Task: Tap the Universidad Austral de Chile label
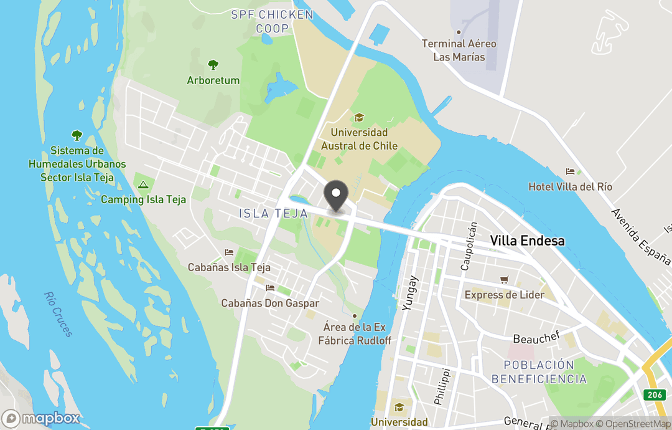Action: (x=359, y=140)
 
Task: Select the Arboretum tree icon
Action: (x=213, y=65)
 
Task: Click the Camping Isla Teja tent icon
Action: (x=142, y=184)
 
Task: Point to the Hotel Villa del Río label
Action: (x=570, y=187)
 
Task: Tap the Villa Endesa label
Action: (x=527, y=241)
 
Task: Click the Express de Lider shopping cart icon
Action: (x=505, y=280)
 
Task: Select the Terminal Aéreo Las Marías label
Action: (x=459, y=50)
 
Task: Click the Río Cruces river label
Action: (x=59, y=314)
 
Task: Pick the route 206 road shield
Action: (x=653, y=394)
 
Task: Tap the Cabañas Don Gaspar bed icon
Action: (x=270, y=289)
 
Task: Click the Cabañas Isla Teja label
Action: (x=229, y=267)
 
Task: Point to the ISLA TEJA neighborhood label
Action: (x=273, y=214)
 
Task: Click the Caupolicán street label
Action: (x=468, y=246)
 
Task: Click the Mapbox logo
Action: (x=41, y=418)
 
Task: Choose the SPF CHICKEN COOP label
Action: (x=272, y=21)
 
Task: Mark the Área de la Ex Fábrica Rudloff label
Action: (x=355, y=334)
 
